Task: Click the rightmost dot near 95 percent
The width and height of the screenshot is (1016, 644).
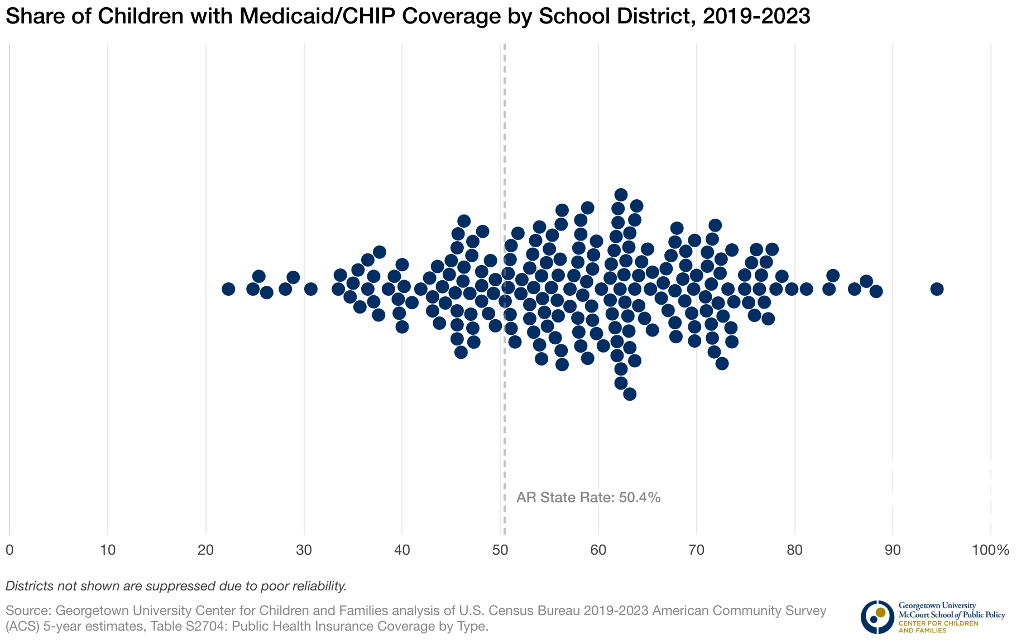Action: [x=937, y=289]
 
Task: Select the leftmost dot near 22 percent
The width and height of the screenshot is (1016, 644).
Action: [x=228, y=289]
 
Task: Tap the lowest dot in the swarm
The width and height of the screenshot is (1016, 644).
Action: [x=630, y=394]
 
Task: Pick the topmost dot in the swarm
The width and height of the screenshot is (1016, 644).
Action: [x=621, y=194]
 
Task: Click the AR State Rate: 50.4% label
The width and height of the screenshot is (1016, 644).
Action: [x=588, y=497]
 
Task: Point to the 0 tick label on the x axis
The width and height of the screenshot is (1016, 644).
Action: [x=9, y=550]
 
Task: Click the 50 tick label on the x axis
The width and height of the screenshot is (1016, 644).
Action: [x=500, y=550]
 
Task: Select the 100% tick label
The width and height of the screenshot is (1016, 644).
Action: [x=990, y=550]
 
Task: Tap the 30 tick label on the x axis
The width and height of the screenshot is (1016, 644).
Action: [x=304, y=550]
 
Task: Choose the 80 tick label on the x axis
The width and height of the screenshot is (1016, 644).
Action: [x=794, y=550]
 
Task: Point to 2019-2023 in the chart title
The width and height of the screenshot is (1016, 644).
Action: [x=756, y=17]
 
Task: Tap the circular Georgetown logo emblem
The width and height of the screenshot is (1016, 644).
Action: [x=877, y=617]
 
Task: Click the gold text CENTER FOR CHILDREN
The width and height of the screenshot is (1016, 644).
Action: [x=938, y=623]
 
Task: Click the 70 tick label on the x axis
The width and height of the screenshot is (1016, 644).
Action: [x=696, y=550]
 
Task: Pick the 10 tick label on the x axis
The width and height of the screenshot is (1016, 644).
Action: [x=108, y=550]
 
